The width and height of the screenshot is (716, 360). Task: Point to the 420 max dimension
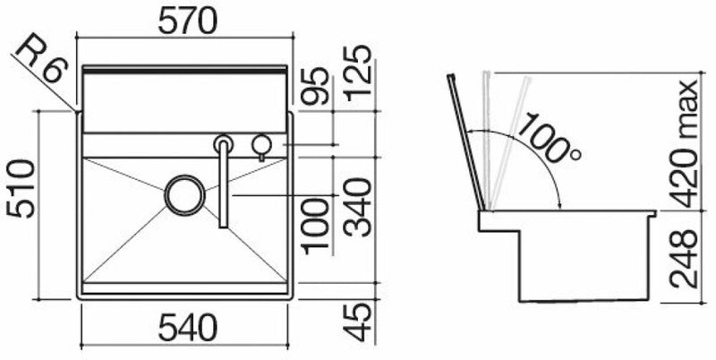689,143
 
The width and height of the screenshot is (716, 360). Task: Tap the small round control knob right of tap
262,143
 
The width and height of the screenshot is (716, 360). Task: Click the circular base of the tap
224,143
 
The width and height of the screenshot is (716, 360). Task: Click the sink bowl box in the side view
586,264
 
